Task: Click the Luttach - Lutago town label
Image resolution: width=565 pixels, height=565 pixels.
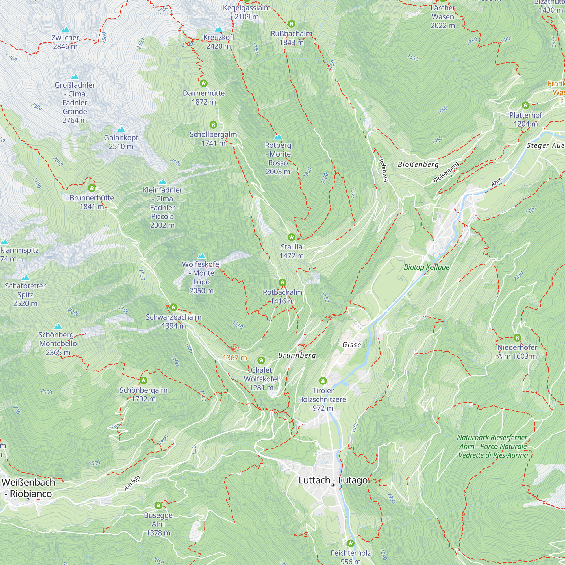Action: (333, 480)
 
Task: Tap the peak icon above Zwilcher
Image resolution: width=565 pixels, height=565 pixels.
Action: (65, 30)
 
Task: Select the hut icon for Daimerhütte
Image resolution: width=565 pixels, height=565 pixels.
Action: (203, 84)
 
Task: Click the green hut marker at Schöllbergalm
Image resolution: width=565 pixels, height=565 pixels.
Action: (213, 125)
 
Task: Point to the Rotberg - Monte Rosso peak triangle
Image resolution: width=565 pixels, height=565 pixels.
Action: (278, 137)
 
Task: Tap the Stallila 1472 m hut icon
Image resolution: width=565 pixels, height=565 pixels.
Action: (291, 237)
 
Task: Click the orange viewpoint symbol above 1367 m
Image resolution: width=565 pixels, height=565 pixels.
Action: (234, 348)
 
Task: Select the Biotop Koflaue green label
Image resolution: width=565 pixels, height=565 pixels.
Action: (426, 267)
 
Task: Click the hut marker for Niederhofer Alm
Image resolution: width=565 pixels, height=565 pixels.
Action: (517, 338)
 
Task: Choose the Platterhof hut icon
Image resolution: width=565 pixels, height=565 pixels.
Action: (525, 105)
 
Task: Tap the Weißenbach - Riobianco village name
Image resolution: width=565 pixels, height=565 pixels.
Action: (28, 488)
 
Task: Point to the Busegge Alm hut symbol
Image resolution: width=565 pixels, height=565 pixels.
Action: (158, 505)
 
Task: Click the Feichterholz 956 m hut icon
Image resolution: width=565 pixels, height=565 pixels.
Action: (350, 543)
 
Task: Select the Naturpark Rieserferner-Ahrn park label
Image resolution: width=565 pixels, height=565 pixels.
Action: (493, 446)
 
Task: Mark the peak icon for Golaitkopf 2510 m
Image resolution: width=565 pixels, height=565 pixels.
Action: (121, 130)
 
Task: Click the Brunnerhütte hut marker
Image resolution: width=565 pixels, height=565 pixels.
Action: (92, 188)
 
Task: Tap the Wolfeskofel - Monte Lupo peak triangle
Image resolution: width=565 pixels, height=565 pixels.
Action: (201, 256)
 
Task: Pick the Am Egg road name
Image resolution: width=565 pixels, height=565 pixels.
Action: (132, 483)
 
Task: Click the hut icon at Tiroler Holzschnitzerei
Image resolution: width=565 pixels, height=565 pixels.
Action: (323, 381)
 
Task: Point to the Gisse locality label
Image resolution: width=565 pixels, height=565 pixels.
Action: (351, 345)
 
